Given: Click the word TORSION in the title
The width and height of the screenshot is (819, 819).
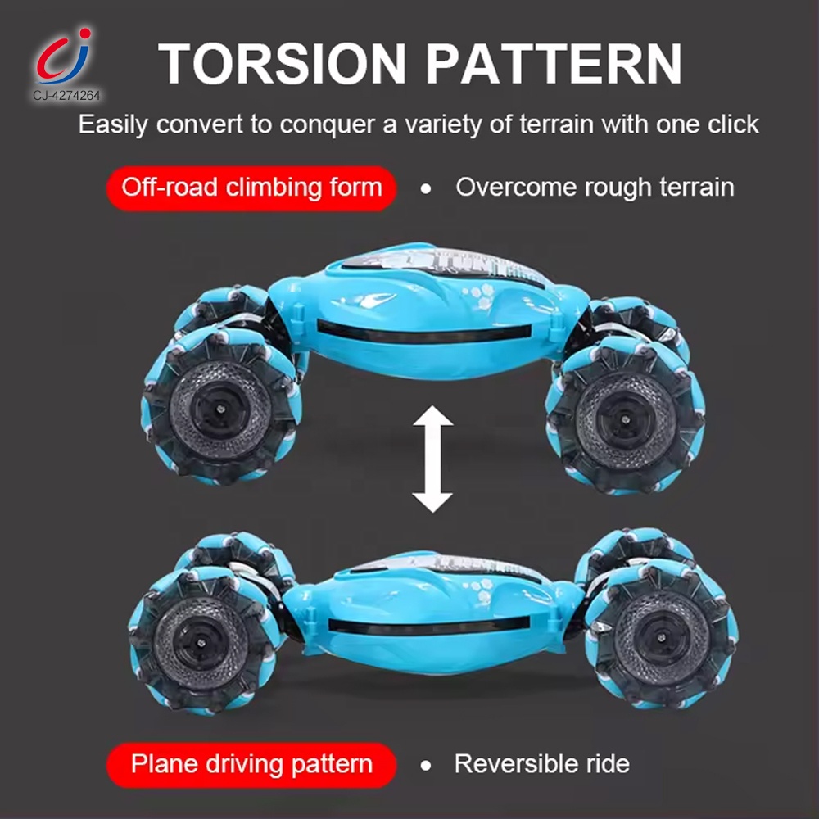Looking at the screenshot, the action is click(x=282, y=63).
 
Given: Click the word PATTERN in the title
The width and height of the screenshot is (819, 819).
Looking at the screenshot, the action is click(x=554, y=63).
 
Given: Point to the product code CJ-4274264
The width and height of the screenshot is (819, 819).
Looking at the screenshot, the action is click(x=67, y=96).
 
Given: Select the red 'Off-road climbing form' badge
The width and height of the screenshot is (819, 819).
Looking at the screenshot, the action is click(x=251, y=188).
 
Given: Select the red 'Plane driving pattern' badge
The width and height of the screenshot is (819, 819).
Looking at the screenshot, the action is click(x=251, y=765).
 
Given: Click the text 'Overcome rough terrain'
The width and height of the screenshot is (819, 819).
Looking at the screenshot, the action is click(x=595, y=188).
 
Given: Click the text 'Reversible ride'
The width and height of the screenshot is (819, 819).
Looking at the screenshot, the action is click(x=541, y=764).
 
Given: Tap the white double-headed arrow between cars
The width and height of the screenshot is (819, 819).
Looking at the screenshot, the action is click(x=432, y=459).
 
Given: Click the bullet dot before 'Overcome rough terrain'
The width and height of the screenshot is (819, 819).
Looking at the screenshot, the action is click(x=426, y=188).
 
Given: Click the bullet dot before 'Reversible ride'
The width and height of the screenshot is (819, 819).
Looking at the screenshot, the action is click(x=426, y=766).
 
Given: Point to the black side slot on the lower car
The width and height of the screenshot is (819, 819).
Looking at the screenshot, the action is click(x=429, y=625).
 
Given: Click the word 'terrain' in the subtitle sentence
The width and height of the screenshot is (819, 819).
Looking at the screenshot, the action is click(x=556, y=124).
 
